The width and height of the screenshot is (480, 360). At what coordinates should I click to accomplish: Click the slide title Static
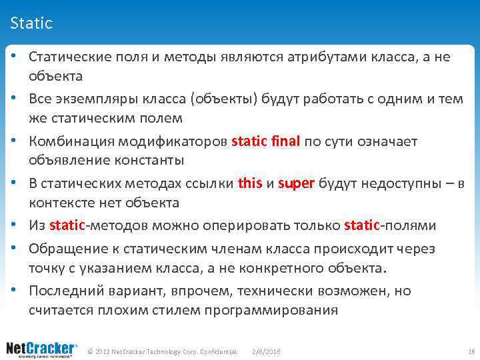31,24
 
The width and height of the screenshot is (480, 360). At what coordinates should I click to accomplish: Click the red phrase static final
267,141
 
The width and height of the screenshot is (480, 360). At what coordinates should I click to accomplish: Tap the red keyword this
250,184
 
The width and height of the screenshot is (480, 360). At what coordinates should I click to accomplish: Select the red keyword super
295,184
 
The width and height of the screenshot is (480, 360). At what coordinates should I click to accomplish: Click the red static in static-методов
67,225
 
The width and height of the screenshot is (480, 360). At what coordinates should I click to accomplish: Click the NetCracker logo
41,349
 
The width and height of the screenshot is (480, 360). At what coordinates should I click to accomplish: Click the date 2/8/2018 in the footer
267,351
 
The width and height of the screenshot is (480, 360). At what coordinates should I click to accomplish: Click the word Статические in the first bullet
65,57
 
